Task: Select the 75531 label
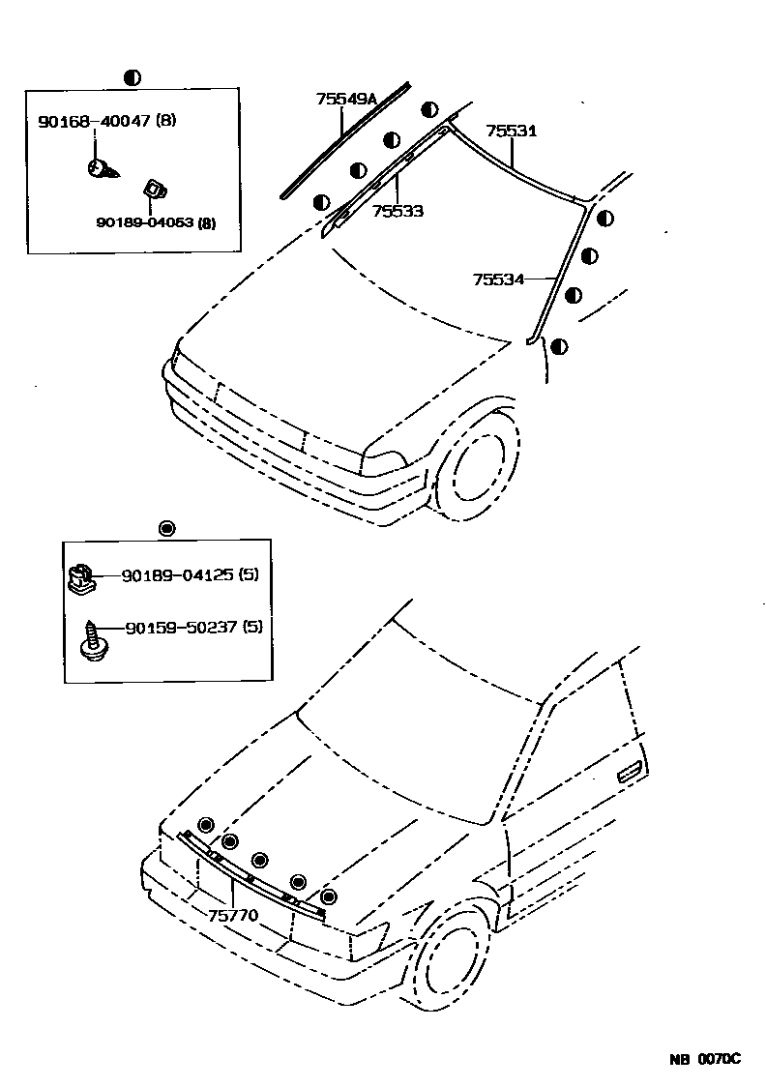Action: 512,131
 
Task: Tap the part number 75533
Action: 398,210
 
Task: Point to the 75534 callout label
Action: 498,279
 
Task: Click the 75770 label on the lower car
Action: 232,914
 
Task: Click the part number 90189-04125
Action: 178,574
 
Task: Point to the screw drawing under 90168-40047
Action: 100,169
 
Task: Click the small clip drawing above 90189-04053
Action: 152,188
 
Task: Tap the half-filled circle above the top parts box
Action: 133,77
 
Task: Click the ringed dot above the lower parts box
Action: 166,528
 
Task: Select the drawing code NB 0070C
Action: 704,1059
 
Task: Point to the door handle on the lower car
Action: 629,770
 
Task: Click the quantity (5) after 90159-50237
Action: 252,627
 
